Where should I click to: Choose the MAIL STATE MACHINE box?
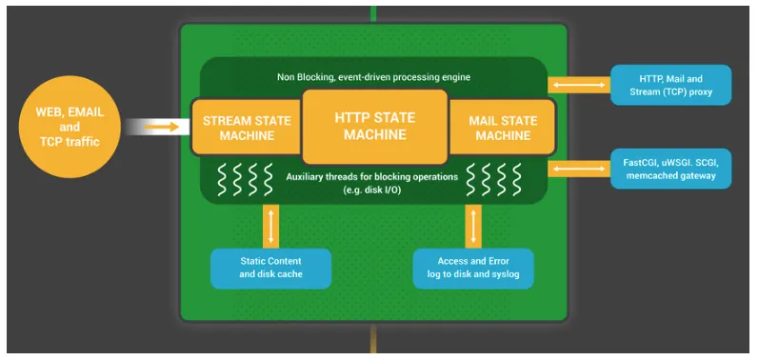tap(502, 127)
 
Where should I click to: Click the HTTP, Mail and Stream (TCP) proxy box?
tap(671, 84)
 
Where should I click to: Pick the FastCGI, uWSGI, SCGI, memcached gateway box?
tap(671, 169)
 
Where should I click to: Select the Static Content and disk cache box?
tap(270, 268)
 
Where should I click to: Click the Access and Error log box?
tap(473, 268)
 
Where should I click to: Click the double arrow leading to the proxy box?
tap(578, 85)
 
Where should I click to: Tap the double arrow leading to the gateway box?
tap(578, 169)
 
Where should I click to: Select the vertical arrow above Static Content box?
tap(271, 225)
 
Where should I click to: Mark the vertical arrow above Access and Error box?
tap(473, 225)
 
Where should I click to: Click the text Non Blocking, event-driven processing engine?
tap(374, 75)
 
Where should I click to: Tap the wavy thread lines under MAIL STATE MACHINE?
tap(501, 178)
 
